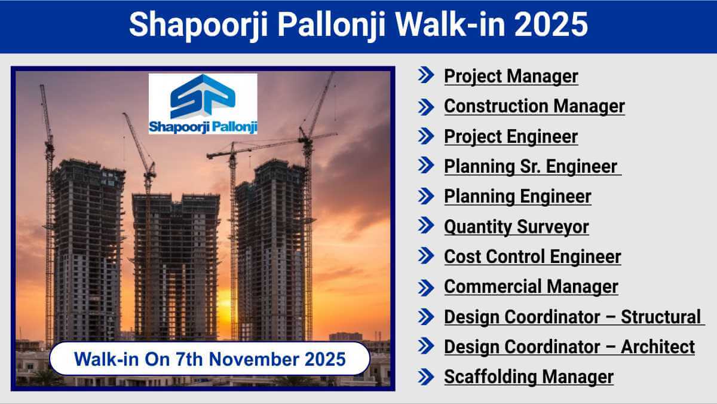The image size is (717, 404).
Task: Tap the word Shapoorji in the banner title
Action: coord(198,26)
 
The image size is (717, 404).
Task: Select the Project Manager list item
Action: coord(511,77)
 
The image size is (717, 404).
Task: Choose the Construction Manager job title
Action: coord(535,106)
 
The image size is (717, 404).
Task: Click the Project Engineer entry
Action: coord(511,137)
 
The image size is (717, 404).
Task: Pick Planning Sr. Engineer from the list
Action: coord(531,167)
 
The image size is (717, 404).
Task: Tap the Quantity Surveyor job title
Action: coord(517,227)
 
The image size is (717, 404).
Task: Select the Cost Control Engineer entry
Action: coord(532,257)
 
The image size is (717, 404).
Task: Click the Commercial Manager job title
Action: coord(531,287)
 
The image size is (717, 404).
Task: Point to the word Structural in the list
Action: coord(661,317)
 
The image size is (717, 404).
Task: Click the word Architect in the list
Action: coord(658,347)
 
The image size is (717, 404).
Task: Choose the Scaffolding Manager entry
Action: coord(529,377)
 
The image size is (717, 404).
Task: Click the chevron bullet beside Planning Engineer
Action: coord(426,196)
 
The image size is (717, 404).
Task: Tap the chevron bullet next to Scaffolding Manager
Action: coord(426,377)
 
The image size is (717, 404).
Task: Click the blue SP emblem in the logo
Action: coord(203,96)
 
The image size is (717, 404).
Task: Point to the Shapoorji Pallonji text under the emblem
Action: coord(203,127)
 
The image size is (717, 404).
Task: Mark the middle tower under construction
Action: coord(176,267)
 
